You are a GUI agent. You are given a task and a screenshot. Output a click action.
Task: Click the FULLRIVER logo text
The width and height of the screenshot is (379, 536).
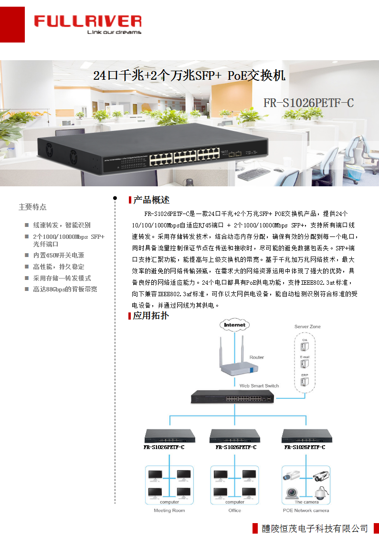coord(87,21)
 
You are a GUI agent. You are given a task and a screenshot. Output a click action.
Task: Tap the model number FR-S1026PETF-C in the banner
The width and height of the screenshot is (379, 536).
coord(308,103)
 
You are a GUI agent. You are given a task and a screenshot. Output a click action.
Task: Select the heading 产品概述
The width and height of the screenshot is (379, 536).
coord(151,200)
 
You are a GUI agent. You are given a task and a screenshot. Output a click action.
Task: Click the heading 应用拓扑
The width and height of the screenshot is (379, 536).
coord(150,315)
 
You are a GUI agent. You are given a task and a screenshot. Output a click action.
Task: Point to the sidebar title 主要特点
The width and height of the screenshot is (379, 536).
coord(32,207)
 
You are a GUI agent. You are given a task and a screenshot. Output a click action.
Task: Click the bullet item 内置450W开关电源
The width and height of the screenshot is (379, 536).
coord(58,255)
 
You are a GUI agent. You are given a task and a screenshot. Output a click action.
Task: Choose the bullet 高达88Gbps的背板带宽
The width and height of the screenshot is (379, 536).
coord(65,289)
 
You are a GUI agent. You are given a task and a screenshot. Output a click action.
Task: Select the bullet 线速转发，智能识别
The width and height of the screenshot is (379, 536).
coord(62,225)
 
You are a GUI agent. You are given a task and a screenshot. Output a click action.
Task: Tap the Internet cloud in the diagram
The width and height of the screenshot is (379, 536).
coord(234,325)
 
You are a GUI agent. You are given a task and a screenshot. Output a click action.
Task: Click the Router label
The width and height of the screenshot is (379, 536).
coord(257,357)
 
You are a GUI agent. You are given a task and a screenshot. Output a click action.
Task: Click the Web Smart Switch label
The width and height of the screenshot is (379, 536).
coord(259,386)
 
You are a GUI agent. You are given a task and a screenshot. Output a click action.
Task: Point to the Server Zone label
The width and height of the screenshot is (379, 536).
coord(307,327)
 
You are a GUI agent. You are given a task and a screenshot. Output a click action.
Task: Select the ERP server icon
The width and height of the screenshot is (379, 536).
coord(305,382)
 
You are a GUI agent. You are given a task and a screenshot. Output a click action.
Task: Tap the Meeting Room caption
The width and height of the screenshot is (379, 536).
coord(169,510)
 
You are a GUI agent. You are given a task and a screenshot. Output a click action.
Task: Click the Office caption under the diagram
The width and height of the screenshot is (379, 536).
coord(235,510)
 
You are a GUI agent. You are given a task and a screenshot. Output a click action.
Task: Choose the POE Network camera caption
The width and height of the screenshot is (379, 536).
coord(306,510)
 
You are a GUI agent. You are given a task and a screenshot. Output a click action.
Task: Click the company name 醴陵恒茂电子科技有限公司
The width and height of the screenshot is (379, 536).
coord(315,528)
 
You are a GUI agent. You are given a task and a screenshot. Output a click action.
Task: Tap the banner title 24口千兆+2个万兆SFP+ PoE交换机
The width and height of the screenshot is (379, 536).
coord(189,75)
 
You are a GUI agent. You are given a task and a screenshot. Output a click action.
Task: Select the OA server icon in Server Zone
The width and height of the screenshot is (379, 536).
coord(305,347)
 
